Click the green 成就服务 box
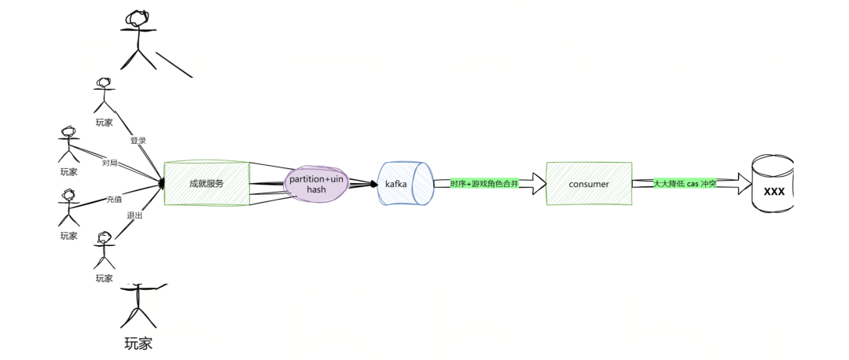pyautogui.click(x=207, y=183)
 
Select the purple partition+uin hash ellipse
pyautogui.click(x=316, y=185)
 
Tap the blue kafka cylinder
pyautogui.click(x=405, y=184)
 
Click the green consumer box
pyautogui.click(x=589, y=184)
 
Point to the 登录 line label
pyautogui.click(x=138, y=141)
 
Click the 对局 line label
pyautogui.click(x=110, y=163)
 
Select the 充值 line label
pyautogui.click(x=115, y=200)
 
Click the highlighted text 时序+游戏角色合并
pyautogui.click(x=484, y=184)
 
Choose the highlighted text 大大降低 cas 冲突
pyautogui.click(x=685, y=184)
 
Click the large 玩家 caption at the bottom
pyautogui.click(x=138, y=343)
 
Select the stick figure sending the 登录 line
pyautogui.click(x=103, y=95)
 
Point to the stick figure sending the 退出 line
pyautogui.click(x=105, y=249)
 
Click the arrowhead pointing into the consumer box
pyautogui.click(x=536, y=184)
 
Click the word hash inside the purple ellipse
pyautogui.click(x=316, y=190)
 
